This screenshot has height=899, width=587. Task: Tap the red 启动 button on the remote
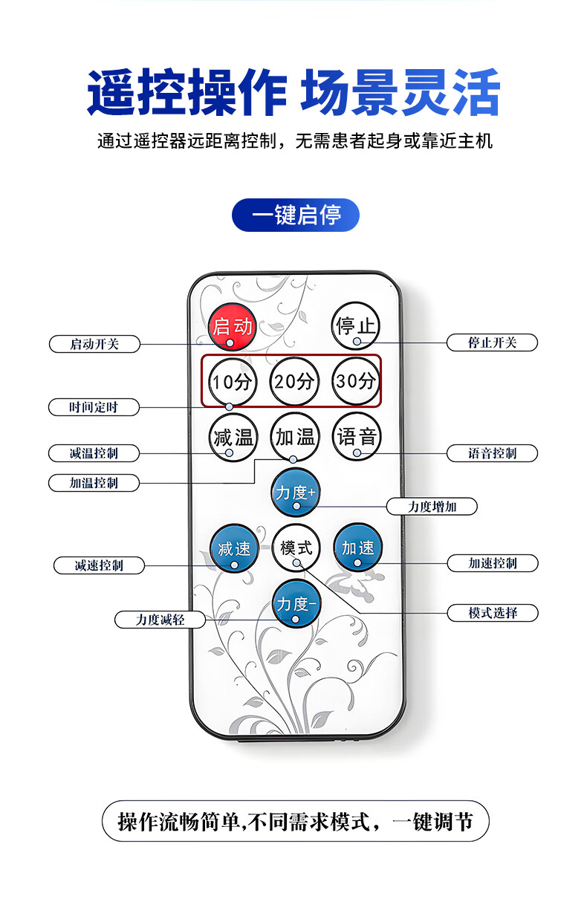233,327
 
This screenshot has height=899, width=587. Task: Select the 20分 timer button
294,382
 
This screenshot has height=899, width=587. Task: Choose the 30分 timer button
356,382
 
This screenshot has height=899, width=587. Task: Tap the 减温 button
233,437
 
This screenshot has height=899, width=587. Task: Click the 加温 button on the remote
294,437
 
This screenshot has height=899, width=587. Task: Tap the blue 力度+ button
296,493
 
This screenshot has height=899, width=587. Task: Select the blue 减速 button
234,549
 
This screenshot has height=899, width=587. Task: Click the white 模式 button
296,549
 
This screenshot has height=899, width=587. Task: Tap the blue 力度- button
296,604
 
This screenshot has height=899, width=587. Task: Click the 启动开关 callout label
94,344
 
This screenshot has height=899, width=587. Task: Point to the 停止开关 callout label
492,343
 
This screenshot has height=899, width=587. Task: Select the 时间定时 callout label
94,407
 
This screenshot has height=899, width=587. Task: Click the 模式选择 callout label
492,613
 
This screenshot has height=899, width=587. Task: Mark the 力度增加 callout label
432,507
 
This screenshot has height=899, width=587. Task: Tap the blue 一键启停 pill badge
296,215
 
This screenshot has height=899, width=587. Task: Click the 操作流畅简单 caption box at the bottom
295,821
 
